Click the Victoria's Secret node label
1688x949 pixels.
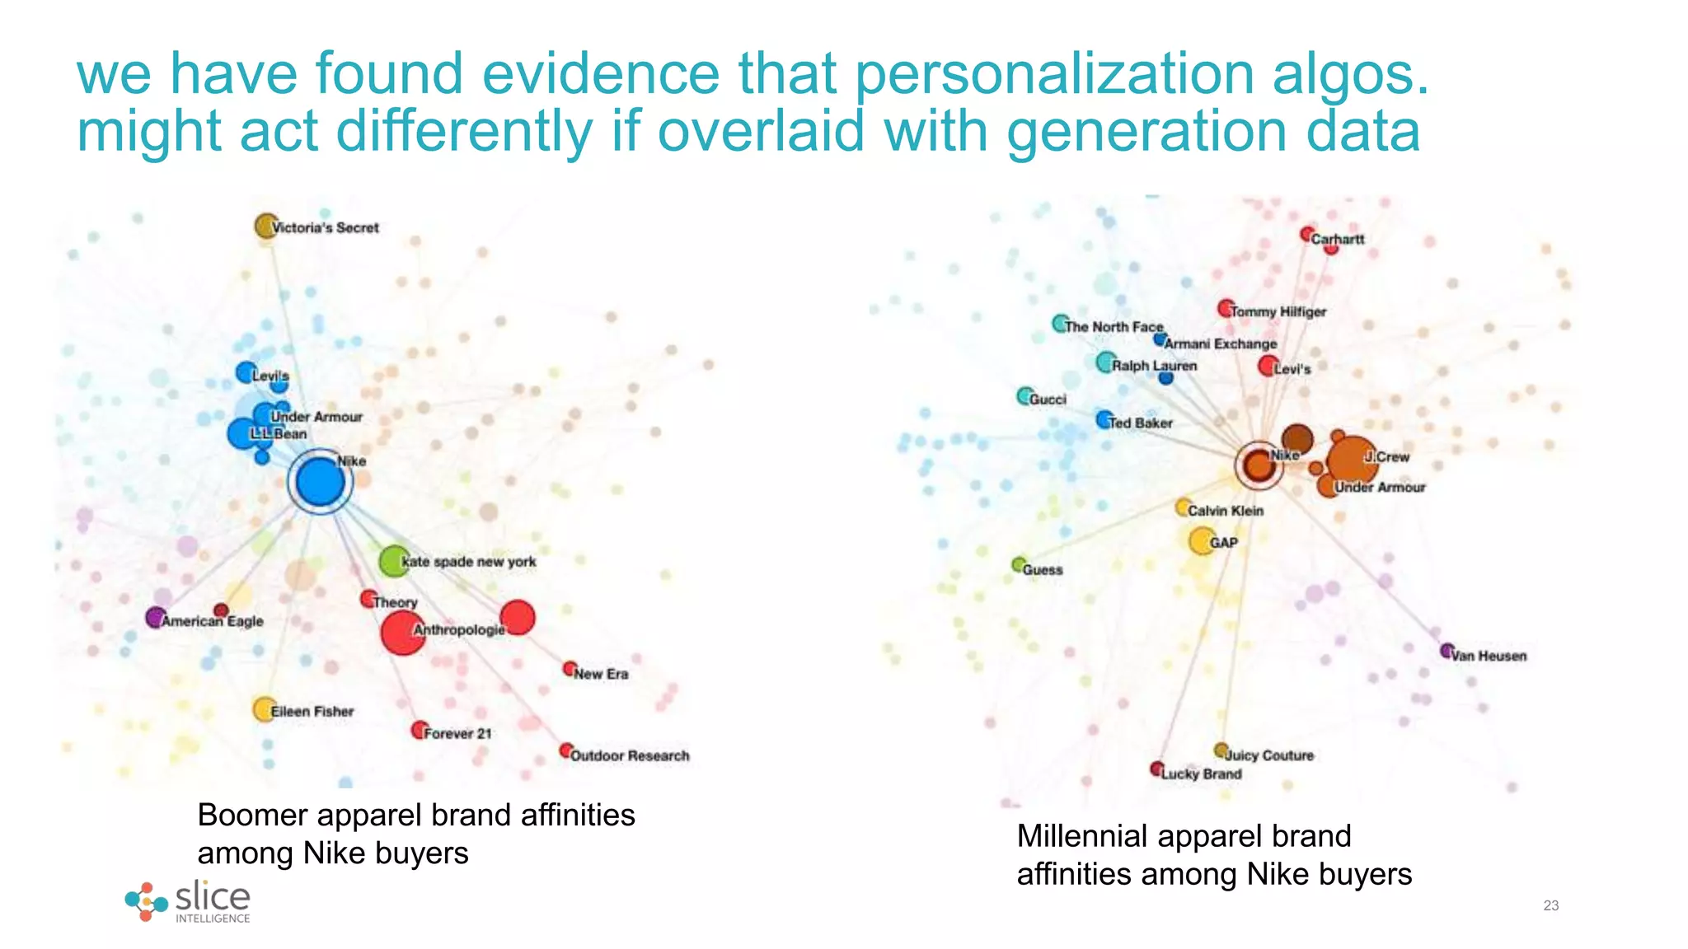coord(325,227)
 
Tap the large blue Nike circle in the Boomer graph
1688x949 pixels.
coord(320,482)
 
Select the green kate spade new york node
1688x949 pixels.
coord(394,561)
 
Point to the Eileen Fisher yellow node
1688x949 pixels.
coord(264,709)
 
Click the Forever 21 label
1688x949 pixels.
coord(457,733)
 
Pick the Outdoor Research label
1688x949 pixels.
coord(630,755)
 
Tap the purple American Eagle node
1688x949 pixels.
coord(155,617)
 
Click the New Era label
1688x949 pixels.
coord(601,674)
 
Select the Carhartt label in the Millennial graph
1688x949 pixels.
coord(1338,239)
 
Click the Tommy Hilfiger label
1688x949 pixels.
coord(1278,311)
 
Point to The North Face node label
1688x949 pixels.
coord(1114,327)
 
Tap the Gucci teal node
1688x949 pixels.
coord(1025,396)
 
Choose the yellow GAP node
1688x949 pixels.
coord(1202,541)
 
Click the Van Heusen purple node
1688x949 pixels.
coord(1447,651)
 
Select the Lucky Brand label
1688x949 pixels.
coord(1201,774)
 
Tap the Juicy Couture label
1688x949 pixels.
coord(1269,755)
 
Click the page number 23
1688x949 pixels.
coord(1550,905)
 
